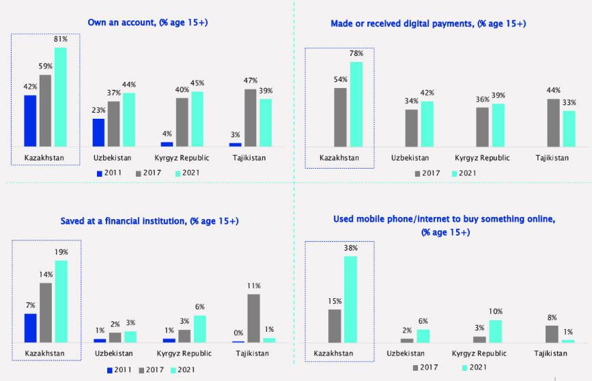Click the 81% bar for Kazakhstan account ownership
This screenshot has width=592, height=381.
coord(61,97)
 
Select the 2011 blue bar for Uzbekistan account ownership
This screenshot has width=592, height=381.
coord(98,132)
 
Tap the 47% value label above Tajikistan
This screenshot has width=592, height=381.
coord(251,82)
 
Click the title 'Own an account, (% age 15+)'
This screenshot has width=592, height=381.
coord(147,23)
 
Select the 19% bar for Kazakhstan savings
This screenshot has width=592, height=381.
coord(61,301)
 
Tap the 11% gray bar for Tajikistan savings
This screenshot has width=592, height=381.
coord(253,318)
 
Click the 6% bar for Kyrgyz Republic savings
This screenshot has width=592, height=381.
coord(199,328)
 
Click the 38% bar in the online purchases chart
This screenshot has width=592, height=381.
coord(350,299)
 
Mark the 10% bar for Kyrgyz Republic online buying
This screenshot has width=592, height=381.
coord(496,331)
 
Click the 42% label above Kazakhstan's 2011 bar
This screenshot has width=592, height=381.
coord(30,87)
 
